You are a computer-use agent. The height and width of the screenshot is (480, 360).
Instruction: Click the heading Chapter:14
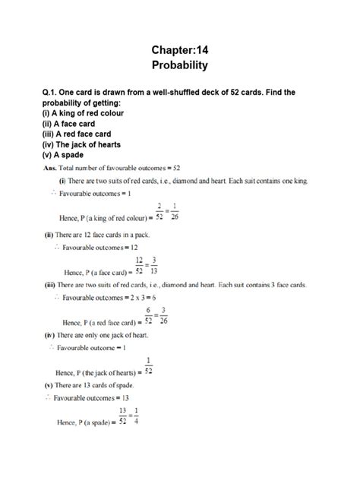(180, 49)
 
